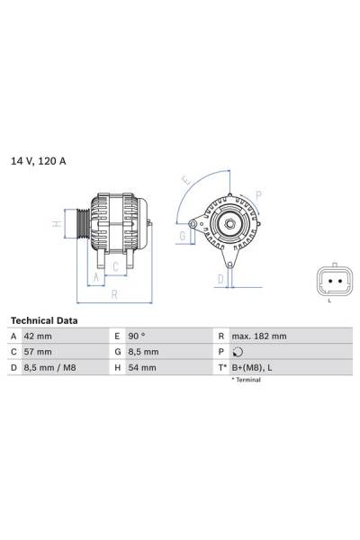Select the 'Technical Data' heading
44,320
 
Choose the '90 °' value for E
138,336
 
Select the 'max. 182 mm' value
258,336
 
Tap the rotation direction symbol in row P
237,352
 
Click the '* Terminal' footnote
246,381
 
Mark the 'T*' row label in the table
221,368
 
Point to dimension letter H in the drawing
56,223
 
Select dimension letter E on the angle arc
186,180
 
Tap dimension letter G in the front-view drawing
182,236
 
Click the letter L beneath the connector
329,301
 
